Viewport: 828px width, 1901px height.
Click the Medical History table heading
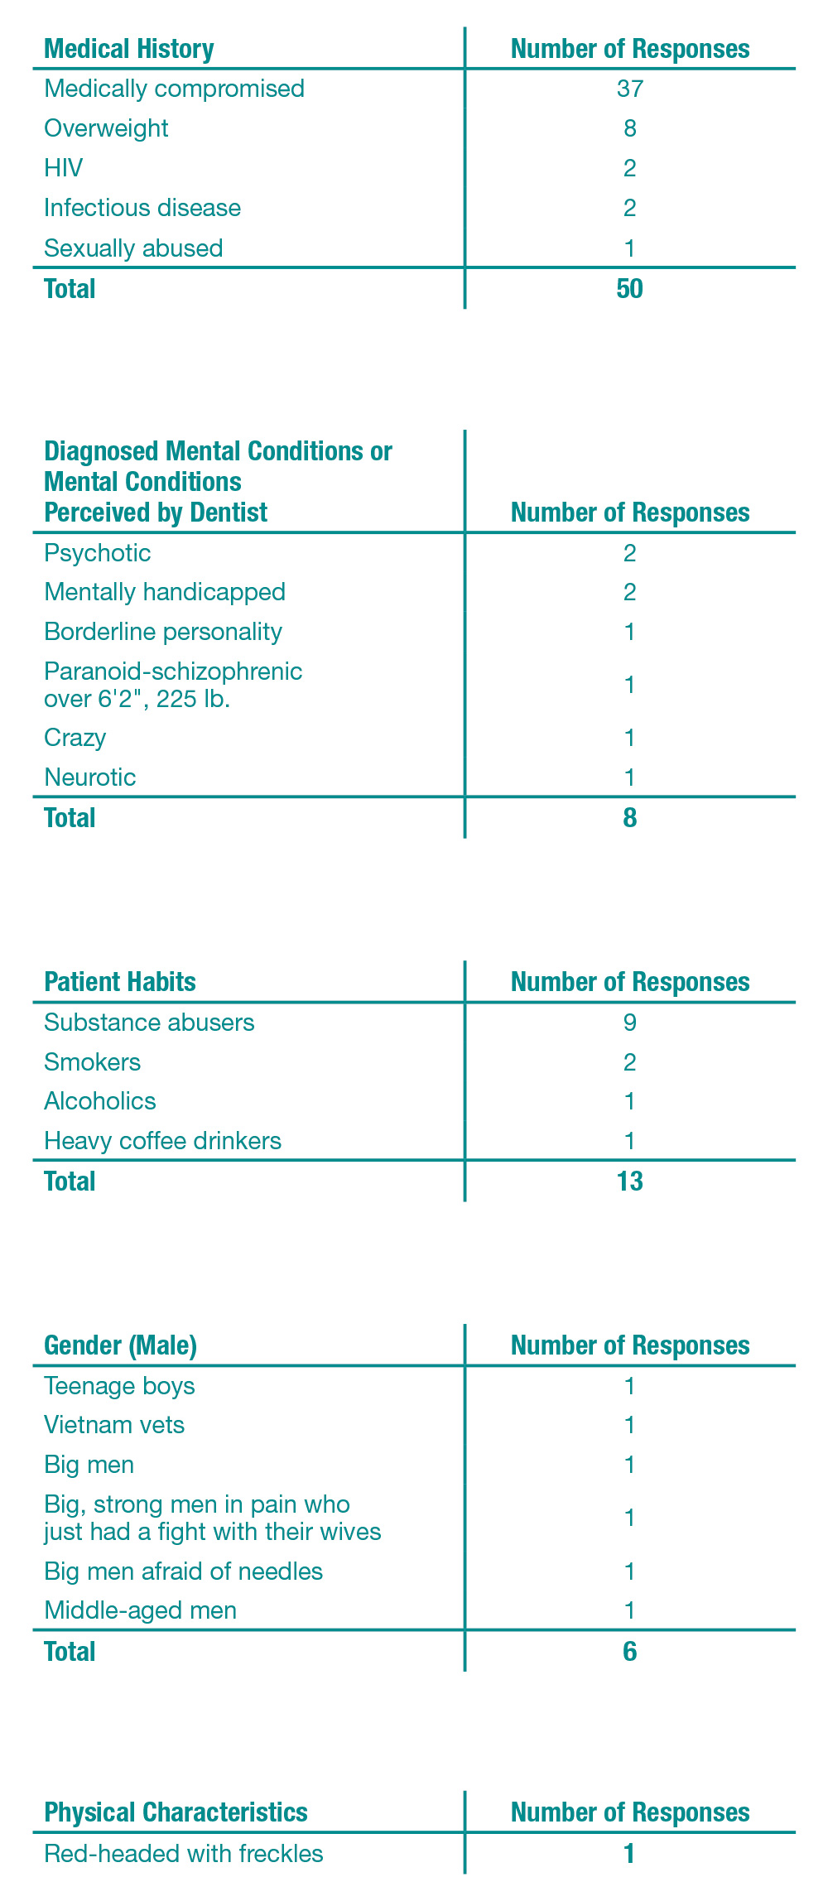[129, 49]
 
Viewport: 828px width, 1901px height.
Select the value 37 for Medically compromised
[629, 89]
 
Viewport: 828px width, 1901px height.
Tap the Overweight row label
[106, 128]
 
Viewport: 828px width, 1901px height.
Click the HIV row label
[64, 168]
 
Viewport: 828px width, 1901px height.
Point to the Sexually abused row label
[133, 248]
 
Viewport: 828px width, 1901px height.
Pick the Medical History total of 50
[629, 289]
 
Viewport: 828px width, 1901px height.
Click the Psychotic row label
[98, 552]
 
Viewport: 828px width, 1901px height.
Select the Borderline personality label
[163, 632]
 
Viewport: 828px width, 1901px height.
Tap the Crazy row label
[75, 738]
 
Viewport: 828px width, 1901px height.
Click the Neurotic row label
[90, 777]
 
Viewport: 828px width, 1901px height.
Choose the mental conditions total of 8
[629, 818]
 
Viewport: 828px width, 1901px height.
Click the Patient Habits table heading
[120, 982]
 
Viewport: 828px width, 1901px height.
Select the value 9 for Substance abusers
[629, 1023]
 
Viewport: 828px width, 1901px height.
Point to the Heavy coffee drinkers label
[163, 1141]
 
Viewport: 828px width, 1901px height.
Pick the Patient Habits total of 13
[629, 1182]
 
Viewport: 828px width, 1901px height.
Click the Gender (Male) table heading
[121, 1345]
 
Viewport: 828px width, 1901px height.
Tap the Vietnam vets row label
[114, 1425]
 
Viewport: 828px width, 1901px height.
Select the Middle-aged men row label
[141, 1610]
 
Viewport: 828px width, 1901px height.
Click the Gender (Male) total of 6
[629, 1652]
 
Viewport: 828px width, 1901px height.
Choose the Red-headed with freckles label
[184, 1853]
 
